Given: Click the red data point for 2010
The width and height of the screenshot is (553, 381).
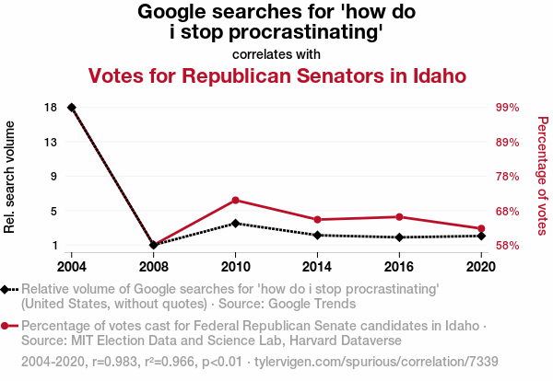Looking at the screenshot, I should coord(235,200).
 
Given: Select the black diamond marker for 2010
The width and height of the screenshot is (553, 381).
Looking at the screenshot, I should coord(235,223).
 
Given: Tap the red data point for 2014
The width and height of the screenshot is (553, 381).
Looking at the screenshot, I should coord(317,219).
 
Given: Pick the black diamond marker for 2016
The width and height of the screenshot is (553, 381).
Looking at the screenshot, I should coord(398,237).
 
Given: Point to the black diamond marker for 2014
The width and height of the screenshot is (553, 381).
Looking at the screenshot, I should coord(317,235).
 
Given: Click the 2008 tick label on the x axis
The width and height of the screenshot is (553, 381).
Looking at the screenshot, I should coord(154,266).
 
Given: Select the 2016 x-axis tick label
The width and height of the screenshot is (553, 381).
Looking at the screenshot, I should coord(398,266).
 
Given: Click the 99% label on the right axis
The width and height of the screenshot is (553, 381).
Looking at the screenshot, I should coord(509,108).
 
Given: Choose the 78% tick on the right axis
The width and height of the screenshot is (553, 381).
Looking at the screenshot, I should coord(509,177).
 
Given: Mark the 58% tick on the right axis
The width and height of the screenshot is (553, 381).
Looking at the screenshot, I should coord(509,246).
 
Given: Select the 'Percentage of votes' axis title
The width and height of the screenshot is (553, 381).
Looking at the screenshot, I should coord(543,175).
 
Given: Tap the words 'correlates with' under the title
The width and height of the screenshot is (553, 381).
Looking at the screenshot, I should coord(276,54).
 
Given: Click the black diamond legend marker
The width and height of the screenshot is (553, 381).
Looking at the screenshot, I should coord(6,289).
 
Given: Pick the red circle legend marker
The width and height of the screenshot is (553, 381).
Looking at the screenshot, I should coord(6,326).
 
